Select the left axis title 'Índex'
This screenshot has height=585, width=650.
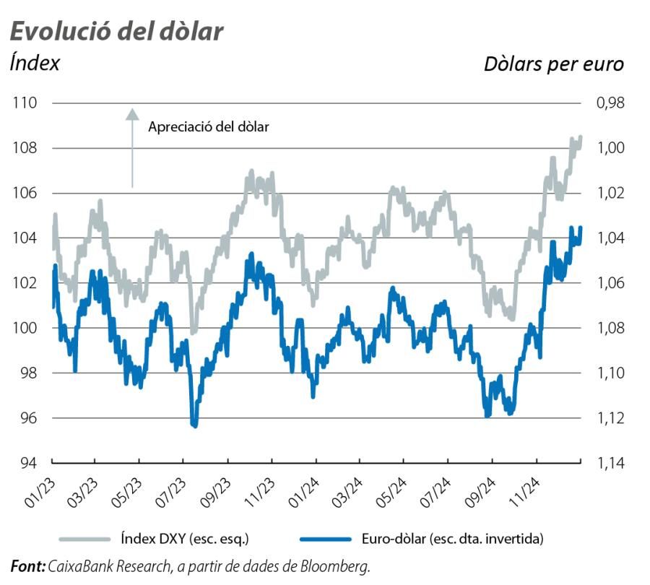pos(35,63)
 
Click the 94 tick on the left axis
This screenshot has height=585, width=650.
pos(27,463)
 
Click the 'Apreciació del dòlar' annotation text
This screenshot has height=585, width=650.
pos(208,127)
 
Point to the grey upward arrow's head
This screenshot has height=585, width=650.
pos(131,113)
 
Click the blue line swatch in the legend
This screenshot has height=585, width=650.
pos(324,538)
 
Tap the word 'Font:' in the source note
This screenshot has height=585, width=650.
pos(27,566)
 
